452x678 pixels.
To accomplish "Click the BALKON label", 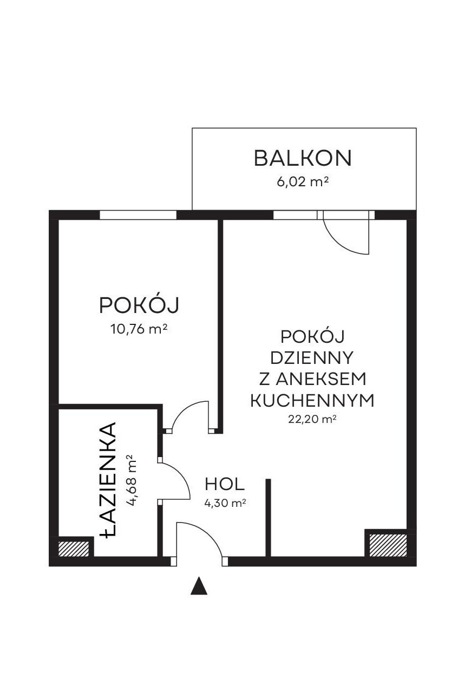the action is coord(302,158).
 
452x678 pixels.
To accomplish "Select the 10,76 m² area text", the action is coord(139,329).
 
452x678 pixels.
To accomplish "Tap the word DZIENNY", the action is coord(312,358).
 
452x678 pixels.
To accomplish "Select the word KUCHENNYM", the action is coord(312,400).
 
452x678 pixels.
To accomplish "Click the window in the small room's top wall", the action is coord(137,214).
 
